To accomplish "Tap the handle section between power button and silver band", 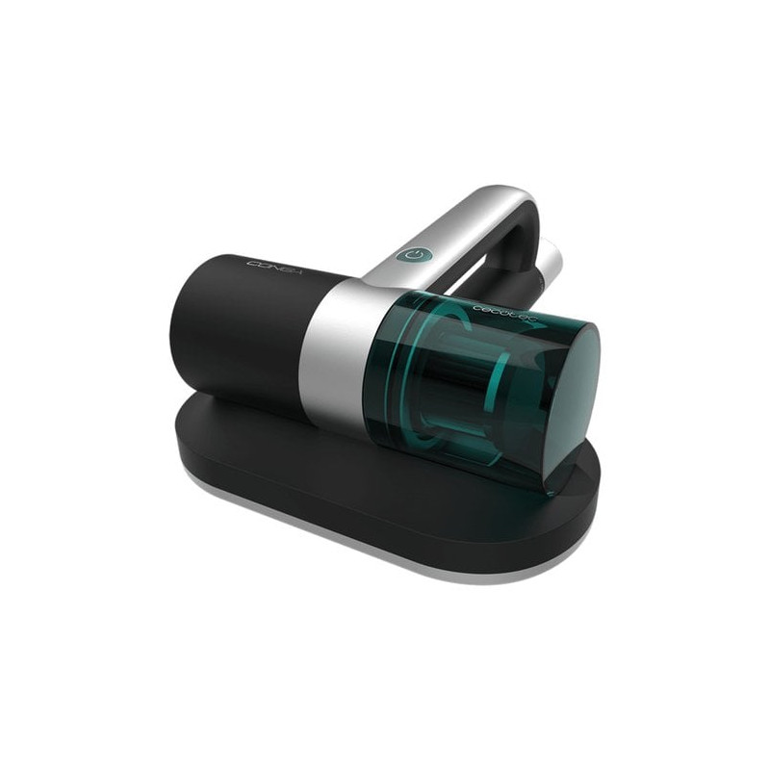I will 385,274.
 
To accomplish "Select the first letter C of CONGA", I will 251,262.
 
